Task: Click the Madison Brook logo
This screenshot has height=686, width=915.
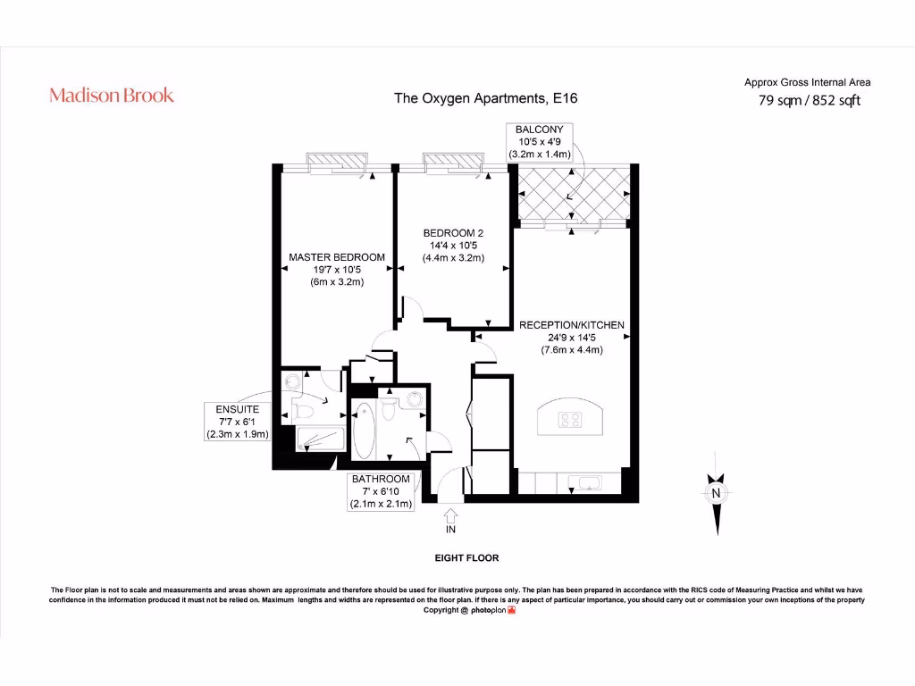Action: (112, 96)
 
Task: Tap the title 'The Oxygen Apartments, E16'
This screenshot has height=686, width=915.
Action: (486, 98)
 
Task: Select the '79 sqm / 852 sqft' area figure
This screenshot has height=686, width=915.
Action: (809, 101)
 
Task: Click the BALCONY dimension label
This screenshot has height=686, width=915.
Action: (540, 142)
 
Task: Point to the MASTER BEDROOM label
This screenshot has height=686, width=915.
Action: (337, 269)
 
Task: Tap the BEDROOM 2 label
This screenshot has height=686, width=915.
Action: (453, 246)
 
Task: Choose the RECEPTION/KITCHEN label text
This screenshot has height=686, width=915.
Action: (572, 337)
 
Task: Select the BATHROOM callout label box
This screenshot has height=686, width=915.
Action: (381, 491)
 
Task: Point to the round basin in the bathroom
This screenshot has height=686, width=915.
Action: (415, 400)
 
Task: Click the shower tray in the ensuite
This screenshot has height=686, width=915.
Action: (318, 439)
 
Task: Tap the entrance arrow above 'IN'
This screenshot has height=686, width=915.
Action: (450, 514)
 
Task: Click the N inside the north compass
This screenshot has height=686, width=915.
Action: (716, 494)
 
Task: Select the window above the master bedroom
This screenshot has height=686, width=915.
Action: (336, 163)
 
